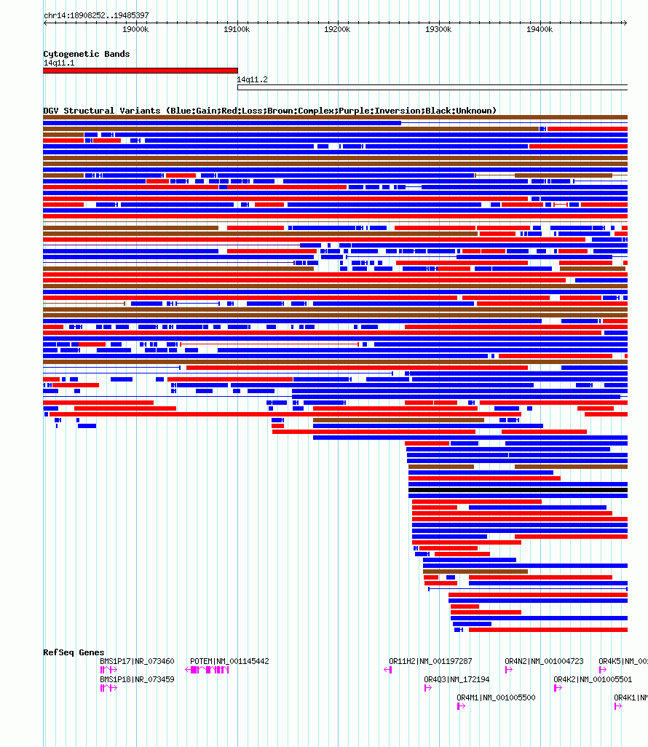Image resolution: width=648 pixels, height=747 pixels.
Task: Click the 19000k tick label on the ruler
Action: click(135, 29)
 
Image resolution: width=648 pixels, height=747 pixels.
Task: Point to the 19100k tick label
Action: click(237, 29)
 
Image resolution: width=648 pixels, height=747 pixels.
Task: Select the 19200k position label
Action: click(337, 29)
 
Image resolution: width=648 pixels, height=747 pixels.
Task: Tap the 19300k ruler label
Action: click(438, 29)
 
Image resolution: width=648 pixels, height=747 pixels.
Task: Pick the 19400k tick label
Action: click(540, 29)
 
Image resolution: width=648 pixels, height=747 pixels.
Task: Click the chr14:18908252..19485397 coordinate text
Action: click(96, 15)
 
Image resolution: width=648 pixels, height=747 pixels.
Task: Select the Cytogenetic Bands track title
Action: click(87, 54)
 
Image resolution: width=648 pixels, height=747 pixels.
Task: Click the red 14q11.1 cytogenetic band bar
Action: click(140, 71)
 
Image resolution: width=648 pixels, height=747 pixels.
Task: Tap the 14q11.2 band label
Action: click(252, 80)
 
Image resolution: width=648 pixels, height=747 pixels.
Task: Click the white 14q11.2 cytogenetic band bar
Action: click(432, 87)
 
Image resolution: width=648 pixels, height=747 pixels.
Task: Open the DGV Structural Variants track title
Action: click(269, 111)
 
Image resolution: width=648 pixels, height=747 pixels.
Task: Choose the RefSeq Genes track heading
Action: click(74, 652)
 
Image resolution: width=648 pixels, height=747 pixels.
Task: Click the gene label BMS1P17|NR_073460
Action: click(137, 661)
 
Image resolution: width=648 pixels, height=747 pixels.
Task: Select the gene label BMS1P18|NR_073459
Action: click(137, 679)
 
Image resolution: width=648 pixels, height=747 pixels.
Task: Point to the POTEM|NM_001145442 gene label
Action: click(229, 661)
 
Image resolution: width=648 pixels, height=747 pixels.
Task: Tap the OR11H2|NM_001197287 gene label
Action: click(430, 661)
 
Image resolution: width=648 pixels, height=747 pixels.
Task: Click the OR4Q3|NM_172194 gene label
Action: click(457, 679)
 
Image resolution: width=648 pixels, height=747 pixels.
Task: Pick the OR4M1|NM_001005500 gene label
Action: click(496, 697)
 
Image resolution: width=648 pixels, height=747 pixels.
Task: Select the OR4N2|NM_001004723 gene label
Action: click(544, 661)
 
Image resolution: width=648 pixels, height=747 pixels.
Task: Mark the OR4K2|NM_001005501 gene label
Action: click(593, 679)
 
